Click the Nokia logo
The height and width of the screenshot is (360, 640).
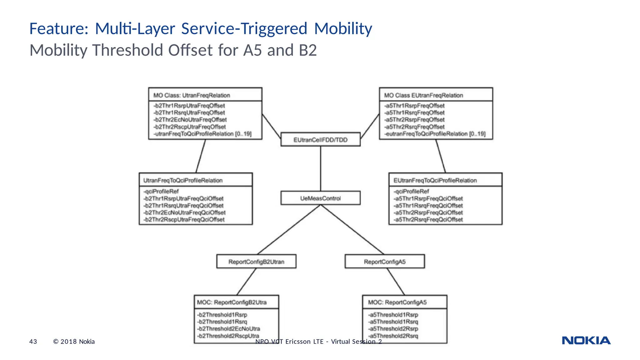pos(586,340)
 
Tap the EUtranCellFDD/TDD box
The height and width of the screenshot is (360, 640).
pos(320,140)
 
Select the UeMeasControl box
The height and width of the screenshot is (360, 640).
pos(320,198)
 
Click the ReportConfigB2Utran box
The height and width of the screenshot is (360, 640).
pos(256,262)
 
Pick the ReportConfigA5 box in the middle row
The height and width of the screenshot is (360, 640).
pos(385,262)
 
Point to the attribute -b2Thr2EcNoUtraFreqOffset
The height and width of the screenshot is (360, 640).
pos(190,120)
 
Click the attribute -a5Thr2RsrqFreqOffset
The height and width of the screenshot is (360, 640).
pos(414,127)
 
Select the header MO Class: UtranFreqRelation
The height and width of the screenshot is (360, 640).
pos(192,95)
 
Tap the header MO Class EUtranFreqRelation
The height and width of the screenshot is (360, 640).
pos(423,95)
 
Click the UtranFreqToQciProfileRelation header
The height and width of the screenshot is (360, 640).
pos(183,180)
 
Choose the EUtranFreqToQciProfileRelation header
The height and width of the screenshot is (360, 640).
pos(435,180)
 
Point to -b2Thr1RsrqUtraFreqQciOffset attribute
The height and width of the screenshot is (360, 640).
pos(183,206)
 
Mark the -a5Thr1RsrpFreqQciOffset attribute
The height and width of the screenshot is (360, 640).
pos(428,198)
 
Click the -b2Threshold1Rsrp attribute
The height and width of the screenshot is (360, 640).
pos(222,315)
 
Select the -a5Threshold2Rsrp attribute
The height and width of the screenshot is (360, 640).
pos(393,329)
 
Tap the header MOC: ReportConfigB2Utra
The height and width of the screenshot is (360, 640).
pos(232,302)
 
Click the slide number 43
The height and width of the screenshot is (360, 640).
pos(33,342)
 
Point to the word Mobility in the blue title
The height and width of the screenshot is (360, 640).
pos(343,28)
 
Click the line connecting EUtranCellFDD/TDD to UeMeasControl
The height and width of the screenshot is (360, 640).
pos(320,169)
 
